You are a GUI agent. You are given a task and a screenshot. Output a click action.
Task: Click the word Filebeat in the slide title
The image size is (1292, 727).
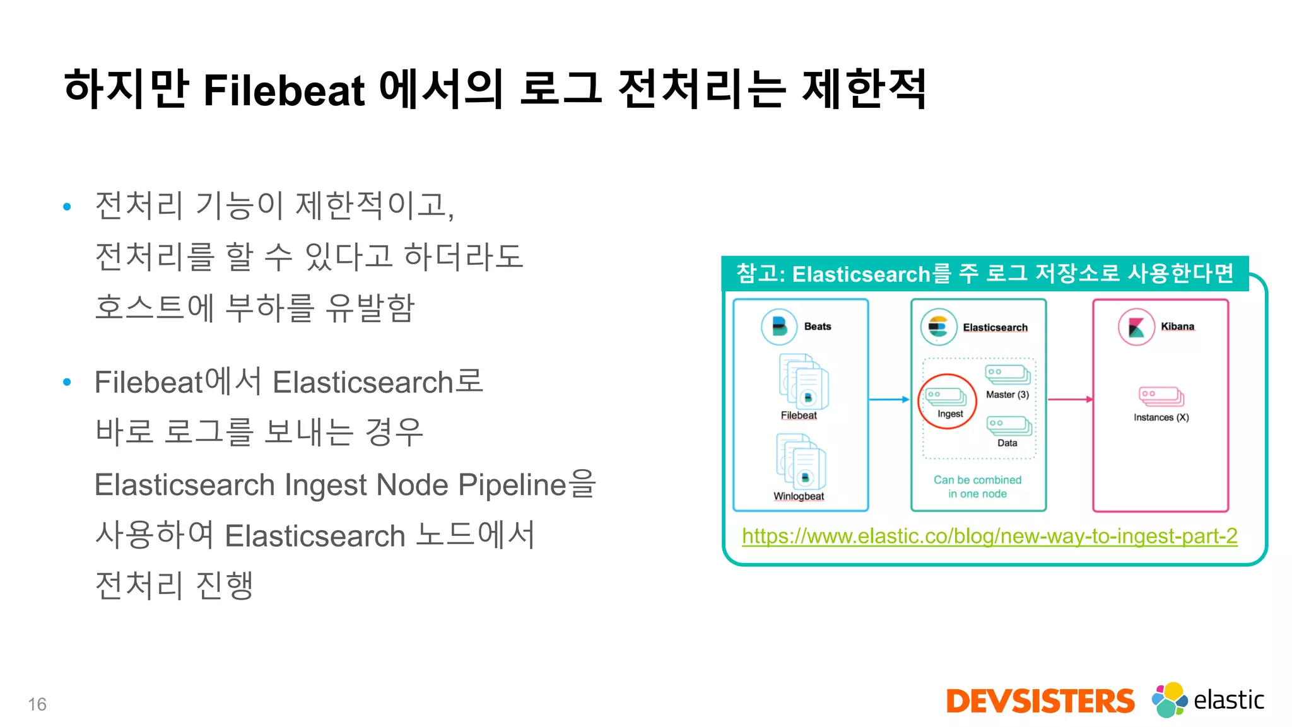tap(284, 90)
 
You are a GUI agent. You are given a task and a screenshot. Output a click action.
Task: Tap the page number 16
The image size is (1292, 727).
tap(37, 704)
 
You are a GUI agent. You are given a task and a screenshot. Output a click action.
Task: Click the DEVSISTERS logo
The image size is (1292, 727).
tap(1040, 701)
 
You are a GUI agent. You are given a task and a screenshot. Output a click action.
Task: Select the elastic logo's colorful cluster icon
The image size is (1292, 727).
tap(1169, 699)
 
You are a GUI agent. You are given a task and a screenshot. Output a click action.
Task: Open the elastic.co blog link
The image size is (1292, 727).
tap(989, 536)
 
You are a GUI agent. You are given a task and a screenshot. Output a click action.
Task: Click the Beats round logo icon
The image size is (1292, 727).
tap(779, 327)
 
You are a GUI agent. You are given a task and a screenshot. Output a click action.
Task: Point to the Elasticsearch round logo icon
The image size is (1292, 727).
tap(938, 327)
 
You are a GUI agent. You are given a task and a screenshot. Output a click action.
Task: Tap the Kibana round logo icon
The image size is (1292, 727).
tap(1136, 327)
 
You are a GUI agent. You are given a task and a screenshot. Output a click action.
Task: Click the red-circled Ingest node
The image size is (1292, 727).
tap(947, 401)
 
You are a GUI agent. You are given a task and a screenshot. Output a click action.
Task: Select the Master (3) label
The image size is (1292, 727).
tap(1007, 395)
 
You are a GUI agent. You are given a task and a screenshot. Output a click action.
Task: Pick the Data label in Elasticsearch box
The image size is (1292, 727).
tap(1007, 443)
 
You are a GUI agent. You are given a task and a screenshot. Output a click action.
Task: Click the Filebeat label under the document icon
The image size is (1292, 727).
tap(799, 416)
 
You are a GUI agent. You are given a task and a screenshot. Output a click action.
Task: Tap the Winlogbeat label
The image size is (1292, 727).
tap(799, 496)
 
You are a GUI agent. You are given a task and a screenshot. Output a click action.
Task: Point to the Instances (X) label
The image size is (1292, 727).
tap(1161, 417)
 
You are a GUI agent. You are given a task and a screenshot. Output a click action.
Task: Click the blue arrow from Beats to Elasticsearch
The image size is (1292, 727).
tap(889, 399)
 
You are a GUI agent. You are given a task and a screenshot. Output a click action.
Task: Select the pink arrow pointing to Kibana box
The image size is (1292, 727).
tap(1070, 399)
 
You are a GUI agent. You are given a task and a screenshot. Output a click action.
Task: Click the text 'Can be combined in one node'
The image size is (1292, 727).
tap(977, 487)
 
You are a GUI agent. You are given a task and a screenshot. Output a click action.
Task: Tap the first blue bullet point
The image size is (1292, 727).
tap(68, 207)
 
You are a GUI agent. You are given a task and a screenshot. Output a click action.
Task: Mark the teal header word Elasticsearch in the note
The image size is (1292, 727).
tap(861, 274)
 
